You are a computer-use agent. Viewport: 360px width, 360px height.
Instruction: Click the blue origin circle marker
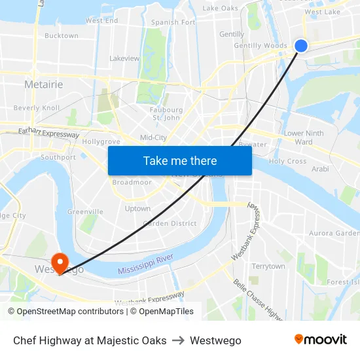pyautogui.click(x=301, y=45)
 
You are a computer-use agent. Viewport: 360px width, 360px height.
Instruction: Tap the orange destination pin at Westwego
pyautogui.click(x=60, y=262)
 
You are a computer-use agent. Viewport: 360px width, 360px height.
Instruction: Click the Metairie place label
pyautogui.click(x=43, y=84)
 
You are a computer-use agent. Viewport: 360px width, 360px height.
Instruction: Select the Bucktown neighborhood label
pyautogui.click(x=61, y=36)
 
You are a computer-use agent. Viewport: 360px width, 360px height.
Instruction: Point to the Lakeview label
pyautogui.click(x=124, y=58)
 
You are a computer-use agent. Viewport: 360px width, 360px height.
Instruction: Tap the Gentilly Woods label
pyautogui.click(x=261, y=46)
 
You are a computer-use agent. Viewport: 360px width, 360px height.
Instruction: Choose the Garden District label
pyautogui.click(x=170, y=223)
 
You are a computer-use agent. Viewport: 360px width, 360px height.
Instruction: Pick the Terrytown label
pyautogui.click(x=268, y=266)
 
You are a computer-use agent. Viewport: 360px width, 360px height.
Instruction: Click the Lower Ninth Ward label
pyautogui.click(x=303, y=137)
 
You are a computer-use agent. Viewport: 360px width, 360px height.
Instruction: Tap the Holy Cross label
pyautogui.click(x=287, y=161)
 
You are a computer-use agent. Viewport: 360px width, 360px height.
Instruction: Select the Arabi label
pyautogui.click(x=320, y=169)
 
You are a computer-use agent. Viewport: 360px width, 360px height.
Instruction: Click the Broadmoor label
pyautogui.click(x=132, y=183)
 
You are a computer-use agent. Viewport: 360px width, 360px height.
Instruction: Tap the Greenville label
pyautogui.click(x=85, y=212)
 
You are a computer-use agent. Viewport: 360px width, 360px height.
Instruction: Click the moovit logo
pyautogui.click(x=321, y=340)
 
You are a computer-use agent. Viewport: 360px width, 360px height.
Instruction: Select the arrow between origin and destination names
pyautogui.click(x=178, y=340)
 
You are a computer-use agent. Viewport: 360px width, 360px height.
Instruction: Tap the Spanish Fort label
pyautogui.click(x=173, y=22)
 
